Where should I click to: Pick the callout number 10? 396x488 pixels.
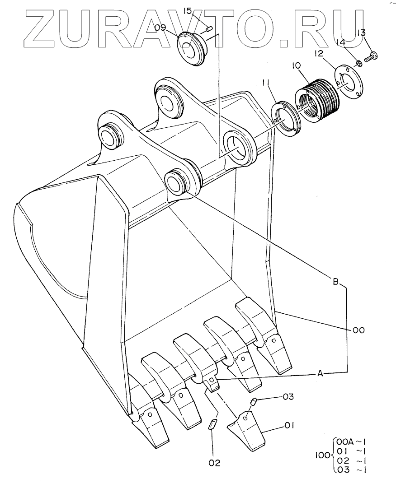pos(296,66)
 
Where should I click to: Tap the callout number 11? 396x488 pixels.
pos(266,83)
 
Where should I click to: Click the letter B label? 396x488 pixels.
pos(336,282)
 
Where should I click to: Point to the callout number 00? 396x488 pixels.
pos(358,330)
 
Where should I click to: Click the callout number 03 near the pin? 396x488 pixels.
pos(288,397)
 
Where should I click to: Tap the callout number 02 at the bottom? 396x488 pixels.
pos(214,462)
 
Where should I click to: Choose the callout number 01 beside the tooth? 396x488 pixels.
pos(290,425)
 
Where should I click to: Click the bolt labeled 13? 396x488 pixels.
pos(372,56)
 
